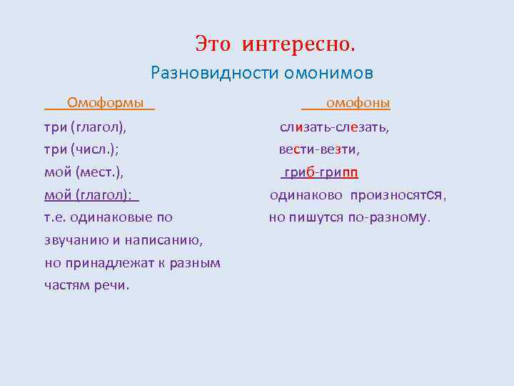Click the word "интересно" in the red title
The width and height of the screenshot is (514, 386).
click(x=298, y=44)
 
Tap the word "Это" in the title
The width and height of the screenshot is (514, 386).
click(x=213, y=44)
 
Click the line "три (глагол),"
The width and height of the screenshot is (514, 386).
click(x=85, y=128)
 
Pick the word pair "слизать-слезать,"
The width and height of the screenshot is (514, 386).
click(x=334, y=128)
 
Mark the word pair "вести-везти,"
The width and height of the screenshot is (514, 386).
click(x=319, y=150)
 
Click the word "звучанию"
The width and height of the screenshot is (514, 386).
click(x=74, y=240)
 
